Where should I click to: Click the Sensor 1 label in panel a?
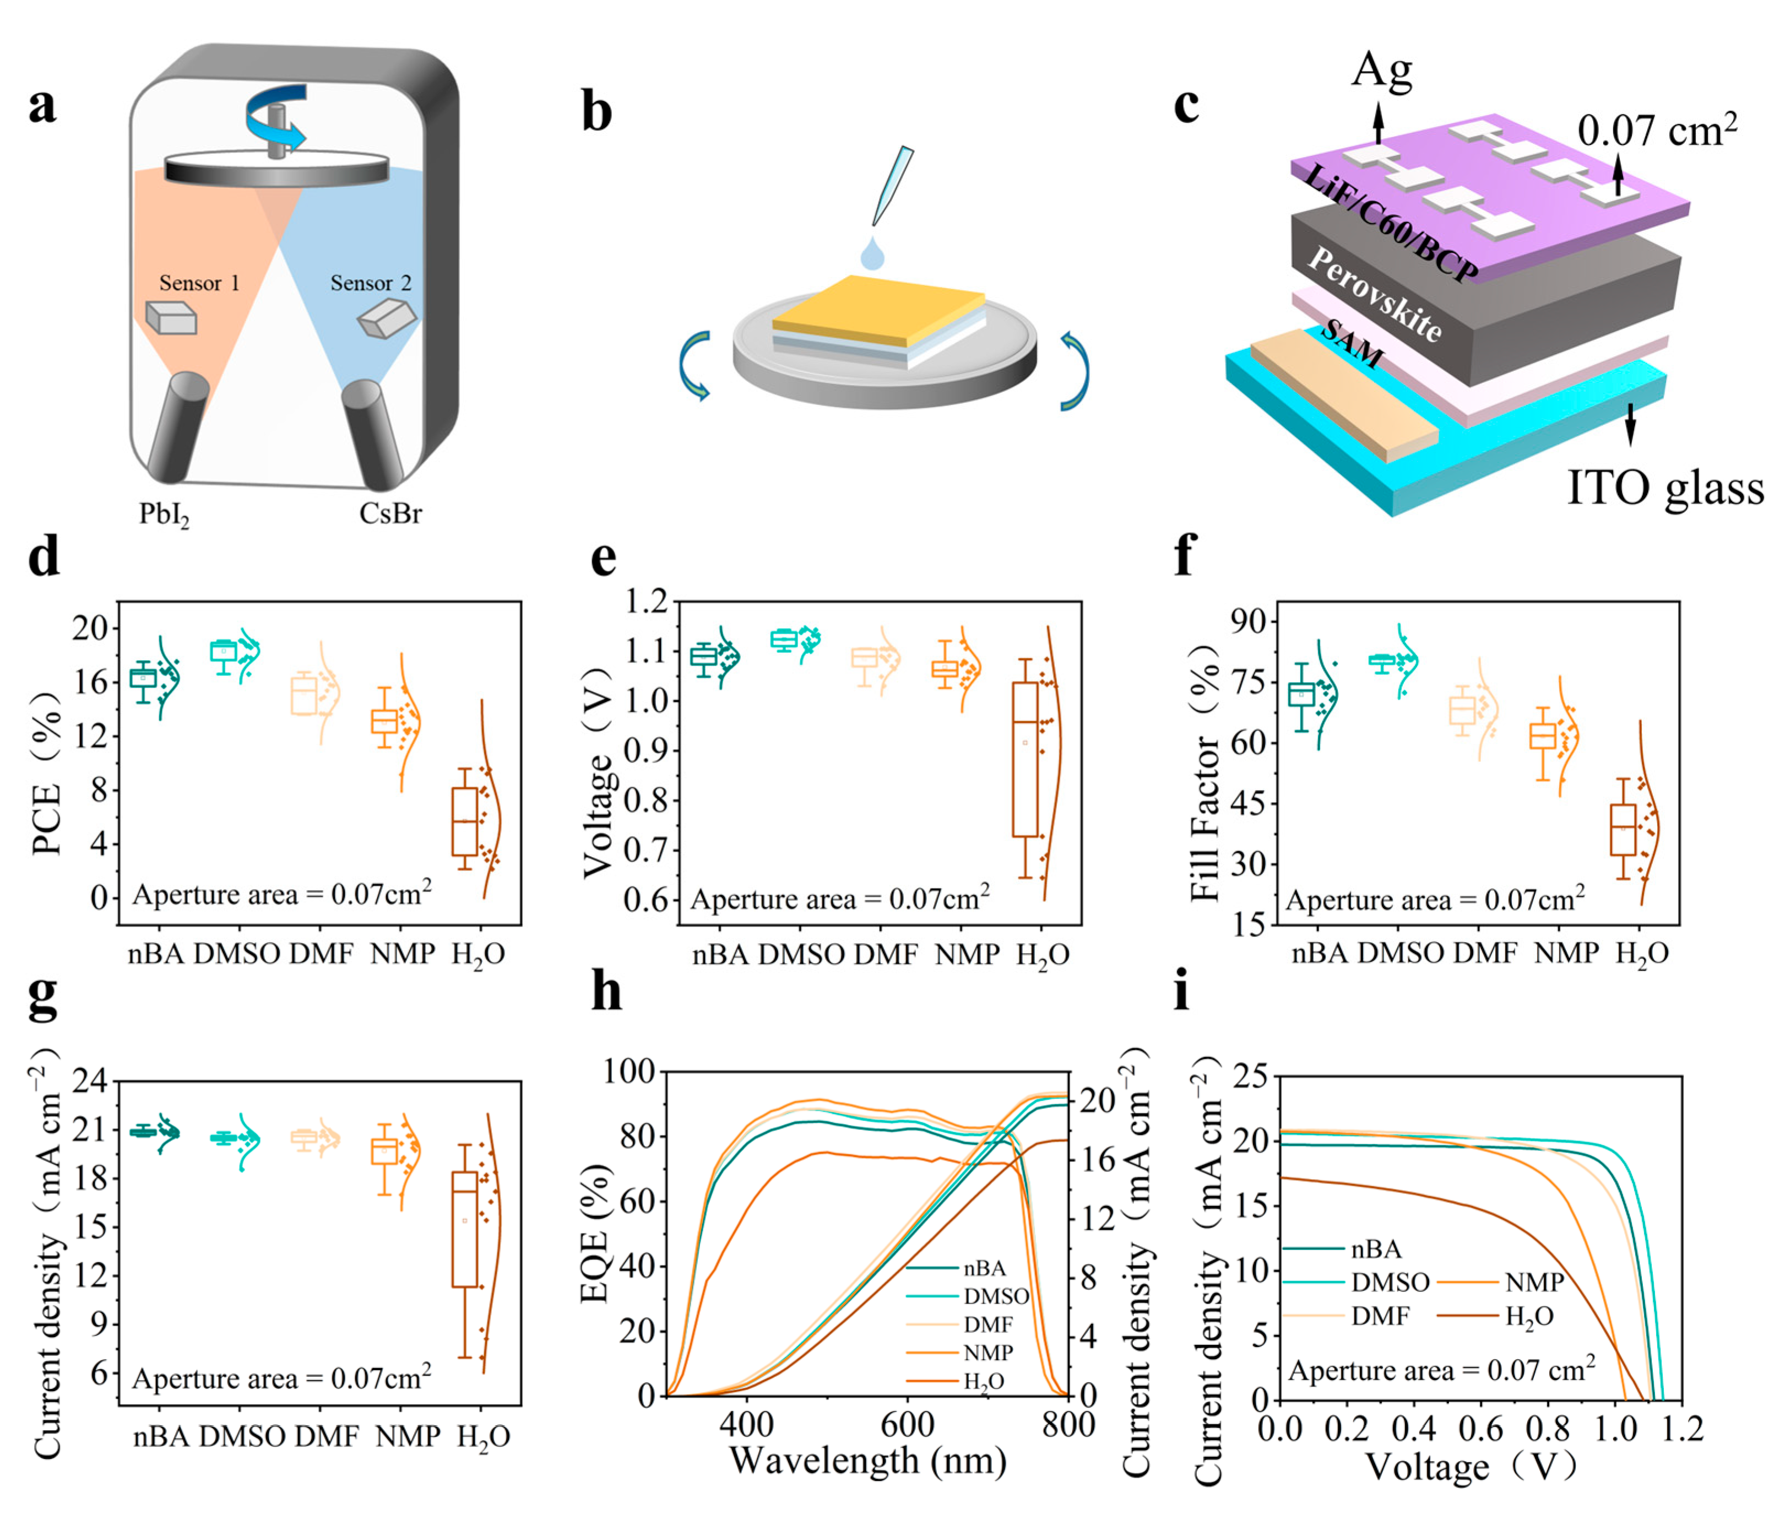[199, 284]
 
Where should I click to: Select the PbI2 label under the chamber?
[164, 515]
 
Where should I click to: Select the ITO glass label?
[1664, 488]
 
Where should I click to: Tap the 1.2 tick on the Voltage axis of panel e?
[646, 602]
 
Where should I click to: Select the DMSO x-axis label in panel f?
[1400, 953]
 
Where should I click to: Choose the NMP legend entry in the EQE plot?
[988, 1353]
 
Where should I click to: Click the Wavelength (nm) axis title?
[867, 1461]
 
